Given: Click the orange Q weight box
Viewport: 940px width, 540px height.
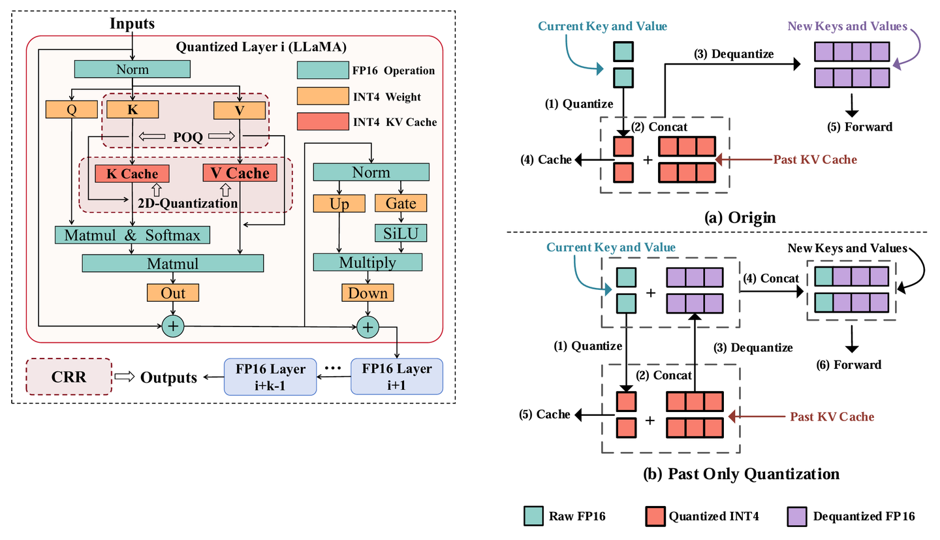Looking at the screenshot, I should [x=71, y=110].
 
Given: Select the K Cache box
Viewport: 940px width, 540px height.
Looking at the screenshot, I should [x=132, y=173].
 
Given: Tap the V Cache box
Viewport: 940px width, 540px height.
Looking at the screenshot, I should [x=240, y=173].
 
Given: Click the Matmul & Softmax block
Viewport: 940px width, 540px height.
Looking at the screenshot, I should [x=133, y=234].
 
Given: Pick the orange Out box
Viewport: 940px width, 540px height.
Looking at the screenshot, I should [x=172, y=293].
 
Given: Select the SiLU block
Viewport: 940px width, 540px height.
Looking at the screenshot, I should [x=400, y=232].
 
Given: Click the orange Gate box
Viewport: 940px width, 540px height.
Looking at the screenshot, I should [x=400, y=204].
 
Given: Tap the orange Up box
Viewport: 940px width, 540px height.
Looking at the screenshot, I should [x=339, y=204].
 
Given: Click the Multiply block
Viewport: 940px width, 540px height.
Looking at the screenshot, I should [x=368, y=262].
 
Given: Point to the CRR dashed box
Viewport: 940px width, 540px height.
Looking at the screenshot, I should [x=69, y=376].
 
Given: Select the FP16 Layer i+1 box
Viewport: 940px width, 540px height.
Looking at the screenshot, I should [x=397, y=376].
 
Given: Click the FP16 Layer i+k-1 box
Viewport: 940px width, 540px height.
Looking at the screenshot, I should [x=270, y=376].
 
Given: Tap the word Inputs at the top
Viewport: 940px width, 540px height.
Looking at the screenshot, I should [x=133, y=24].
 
